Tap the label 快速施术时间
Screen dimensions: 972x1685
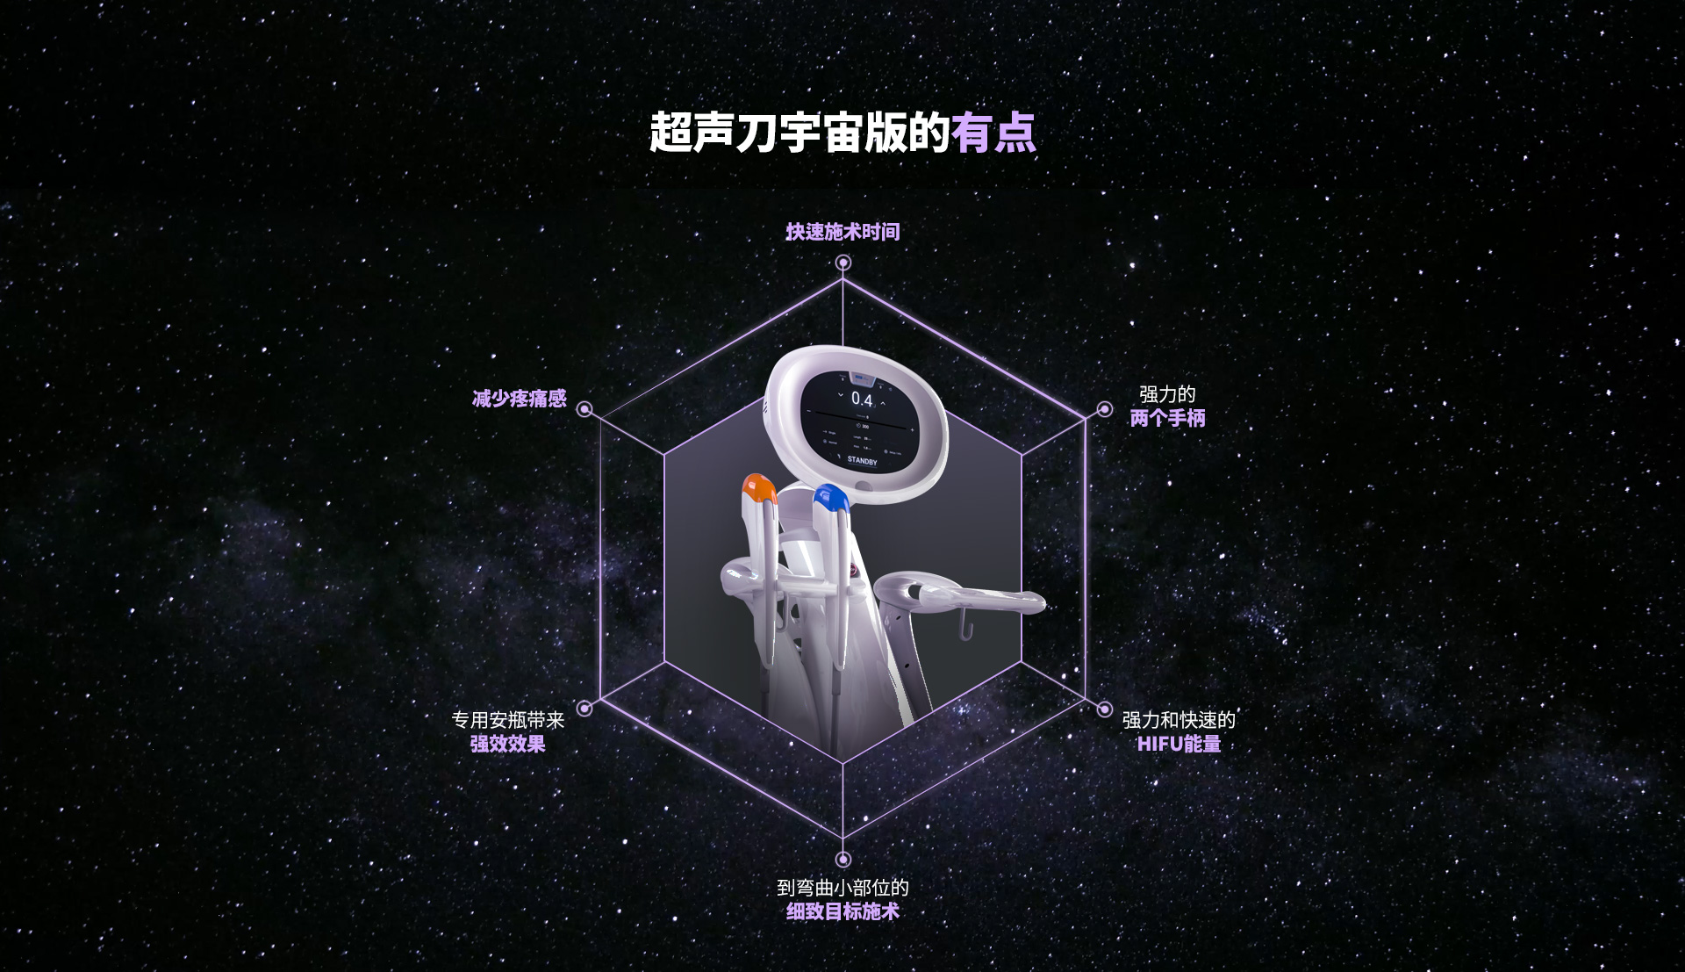click(x=842, y=232)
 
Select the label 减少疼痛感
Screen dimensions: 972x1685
click(x=520, y=399)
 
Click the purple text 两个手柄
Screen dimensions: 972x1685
click(x=1167, y=418)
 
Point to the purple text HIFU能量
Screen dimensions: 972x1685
click(x=1179, y=744)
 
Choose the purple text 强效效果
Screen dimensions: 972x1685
click(x=507, y=744)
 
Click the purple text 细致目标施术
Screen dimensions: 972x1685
click(x=842, y=911)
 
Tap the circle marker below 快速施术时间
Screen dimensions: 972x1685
click(x=843, y=263)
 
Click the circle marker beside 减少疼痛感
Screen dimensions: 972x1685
click(x=584, y=409)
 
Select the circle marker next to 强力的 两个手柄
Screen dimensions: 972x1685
click(x=1104, y=410)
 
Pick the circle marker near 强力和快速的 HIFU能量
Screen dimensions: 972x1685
click(x=1104, y=709)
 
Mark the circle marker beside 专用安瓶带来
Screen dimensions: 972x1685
click(x=584, y=709)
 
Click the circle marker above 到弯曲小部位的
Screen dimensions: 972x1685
click(x=843, y=859)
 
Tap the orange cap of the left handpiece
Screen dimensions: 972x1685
click(x=758, y=487)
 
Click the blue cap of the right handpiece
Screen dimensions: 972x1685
click(x=830, y=498)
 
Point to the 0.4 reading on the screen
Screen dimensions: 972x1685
click(x=862, y=400)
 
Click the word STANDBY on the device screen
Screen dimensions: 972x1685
click(x=862, y=460)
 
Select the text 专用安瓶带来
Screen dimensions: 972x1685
click(x=507, y=720)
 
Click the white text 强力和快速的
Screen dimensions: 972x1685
click(x=1179, y=720)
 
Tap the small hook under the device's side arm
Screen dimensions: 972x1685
click(x=965, y=628)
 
